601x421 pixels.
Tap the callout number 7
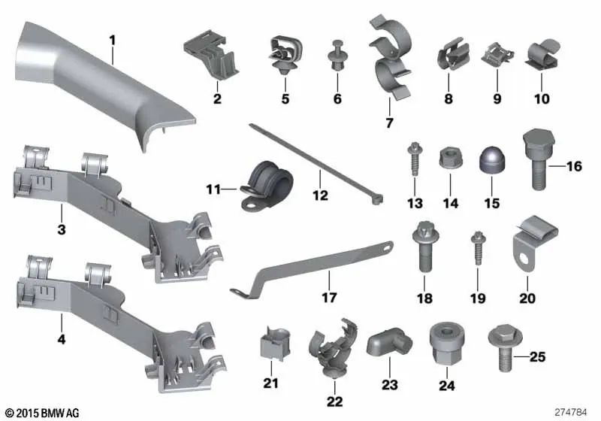(389, 122)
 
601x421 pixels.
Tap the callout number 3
(62, 228)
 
